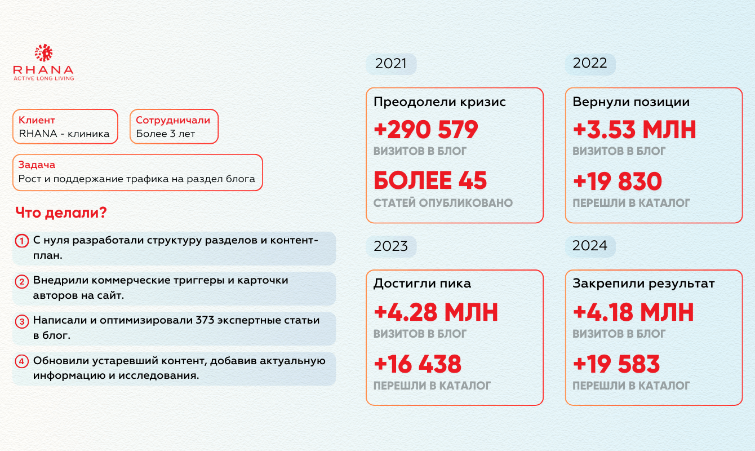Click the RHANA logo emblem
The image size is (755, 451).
point(43,53)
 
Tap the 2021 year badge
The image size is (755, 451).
point(391,64)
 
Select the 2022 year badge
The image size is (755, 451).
point(590,63)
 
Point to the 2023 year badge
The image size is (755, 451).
point(391,246)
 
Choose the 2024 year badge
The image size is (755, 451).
point(590,246)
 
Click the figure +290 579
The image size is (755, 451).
point(426,130)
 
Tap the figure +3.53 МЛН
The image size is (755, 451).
point(634,130)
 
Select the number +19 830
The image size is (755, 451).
point(618,181)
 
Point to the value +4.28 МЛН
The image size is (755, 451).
point(436,312)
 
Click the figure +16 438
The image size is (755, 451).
point(418,364)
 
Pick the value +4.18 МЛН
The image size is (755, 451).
point(633,312)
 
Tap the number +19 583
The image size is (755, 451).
point(616,364)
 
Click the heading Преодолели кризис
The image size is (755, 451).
point(440,102)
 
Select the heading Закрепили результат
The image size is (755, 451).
point(643,284)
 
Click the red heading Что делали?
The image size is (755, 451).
point(61,213)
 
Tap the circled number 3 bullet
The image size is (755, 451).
point(22,321)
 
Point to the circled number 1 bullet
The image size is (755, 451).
point(22,241)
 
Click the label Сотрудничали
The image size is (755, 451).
point(173,120)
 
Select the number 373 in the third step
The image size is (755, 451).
point(205,320)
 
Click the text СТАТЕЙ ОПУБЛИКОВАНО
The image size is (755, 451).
point(443,203)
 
